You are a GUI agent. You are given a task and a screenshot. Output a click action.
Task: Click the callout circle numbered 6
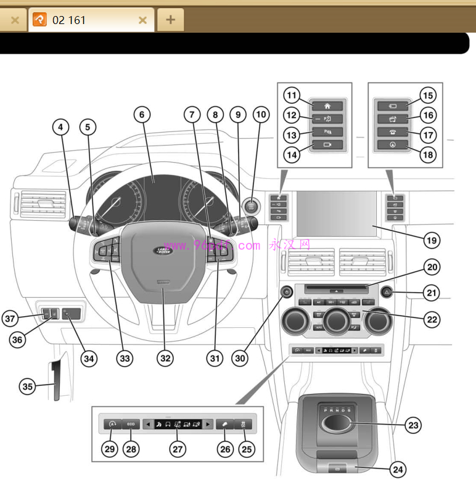[x=141, y=114]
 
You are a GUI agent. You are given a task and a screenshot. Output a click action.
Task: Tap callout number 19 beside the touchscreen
[x=432, y=238]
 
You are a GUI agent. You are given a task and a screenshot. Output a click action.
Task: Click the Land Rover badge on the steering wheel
[x=163, y=251]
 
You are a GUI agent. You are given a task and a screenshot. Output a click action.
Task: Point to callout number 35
[x=27, y=387]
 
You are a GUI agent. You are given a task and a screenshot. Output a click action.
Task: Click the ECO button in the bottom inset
[x=131, y=424]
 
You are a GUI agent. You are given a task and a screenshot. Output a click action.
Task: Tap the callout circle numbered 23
[x=414, y=425]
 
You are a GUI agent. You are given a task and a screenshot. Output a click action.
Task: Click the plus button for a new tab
[x=171, y=20]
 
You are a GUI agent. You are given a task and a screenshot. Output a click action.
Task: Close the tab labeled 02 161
[x=142, y=20]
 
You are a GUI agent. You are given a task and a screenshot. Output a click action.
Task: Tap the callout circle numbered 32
[x=163, y=357]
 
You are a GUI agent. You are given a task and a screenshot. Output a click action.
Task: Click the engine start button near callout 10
[x=253, y=207]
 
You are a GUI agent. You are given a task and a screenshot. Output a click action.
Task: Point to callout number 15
[x=428, y=96]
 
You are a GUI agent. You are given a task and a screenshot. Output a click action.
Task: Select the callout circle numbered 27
[x=178, y=449]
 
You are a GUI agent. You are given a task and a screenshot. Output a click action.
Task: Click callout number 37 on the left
[x=9, y=319]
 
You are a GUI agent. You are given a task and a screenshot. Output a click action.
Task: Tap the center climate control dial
[x=336, y=321]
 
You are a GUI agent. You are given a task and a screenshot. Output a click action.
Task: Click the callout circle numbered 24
[x=398, y=470]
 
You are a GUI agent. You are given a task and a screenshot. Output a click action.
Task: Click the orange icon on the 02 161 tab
[x=39, y=20]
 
